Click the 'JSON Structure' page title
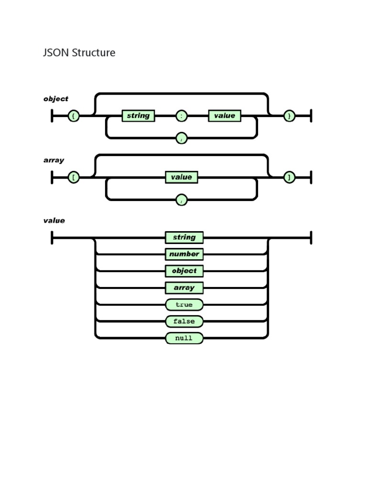click(x=79, y=53)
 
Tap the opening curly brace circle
click(x=74, y=116)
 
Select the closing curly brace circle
click(x=289, y=116)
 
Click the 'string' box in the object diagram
click(x=138, y=116)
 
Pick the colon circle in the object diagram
click(x=182, y=116)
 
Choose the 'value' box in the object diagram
click(x=225, y=116)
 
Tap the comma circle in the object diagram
click(x=182, y=138)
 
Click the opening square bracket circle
click(x=74, y=177)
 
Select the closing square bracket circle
click(x=289, y=177)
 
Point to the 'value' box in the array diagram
click(x=182, y=177)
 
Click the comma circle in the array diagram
click(x=182, y=200)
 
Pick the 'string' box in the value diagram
click(x=184, y=237)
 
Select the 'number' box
click(x=184, y=254)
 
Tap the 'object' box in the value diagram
click(x=184, y=271)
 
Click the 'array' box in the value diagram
click(x=184, y=288)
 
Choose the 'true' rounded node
click(x=184, y=305)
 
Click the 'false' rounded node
click(x=184, y=321)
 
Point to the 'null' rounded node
click(x=184, y=338)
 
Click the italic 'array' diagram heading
click(x=54, y=160)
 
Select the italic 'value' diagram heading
click(x=54, y=221)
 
